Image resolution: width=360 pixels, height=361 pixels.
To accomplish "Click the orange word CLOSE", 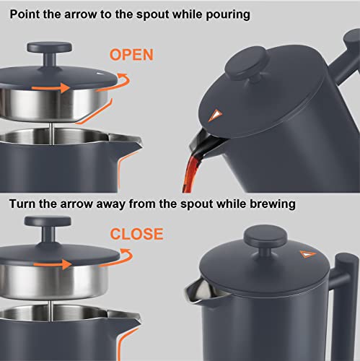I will pyautogui.click(x=136, y=234).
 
